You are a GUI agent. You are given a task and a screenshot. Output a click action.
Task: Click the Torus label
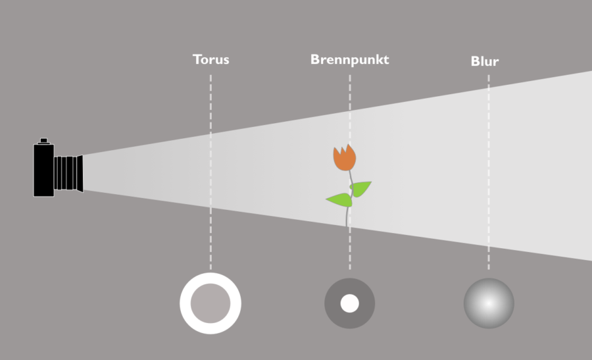(210, 59)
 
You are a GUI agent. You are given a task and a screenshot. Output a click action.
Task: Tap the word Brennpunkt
(349, 59)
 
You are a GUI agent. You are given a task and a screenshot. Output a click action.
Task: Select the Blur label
(484, 61)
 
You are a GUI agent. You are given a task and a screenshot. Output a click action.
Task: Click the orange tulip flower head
(344, 159)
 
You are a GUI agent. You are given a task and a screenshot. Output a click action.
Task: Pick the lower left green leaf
(339, 199)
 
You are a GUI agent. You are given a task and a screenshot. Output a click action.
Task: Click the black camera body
(43, 170)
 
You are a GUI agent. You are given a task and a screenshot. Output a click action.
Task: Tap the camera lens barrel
(66, 173)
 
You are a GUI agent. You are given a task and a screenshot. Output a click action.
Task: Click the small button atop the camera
(43, 140)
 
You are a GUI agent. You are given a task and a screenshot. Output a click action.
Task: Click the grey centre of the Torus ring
(210, 303)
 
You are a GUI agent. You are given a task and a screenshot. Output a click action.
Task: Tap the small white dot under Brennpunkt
(349, 303)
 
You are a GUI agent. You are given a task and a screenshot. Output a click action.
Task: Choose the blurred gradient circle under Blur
(489, 303)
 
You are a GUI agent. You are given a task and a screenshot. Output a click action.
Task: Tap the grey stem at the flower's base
(347, 217)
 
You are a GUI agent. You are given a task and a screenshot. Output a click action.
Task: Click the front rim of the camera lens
(80, 174)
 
